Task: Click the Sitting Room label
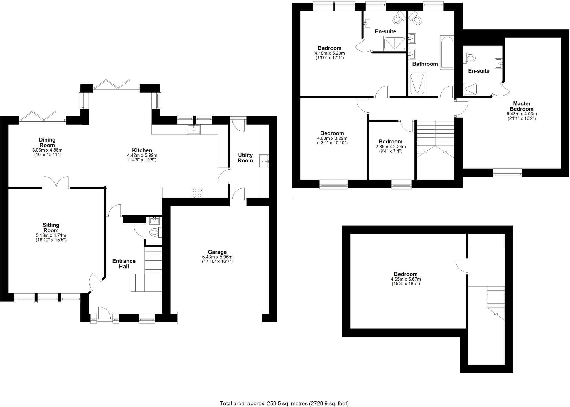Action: (51, 228)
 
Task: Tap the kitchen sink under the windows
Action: (194, 129)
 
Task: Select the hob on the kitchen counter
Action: (197, 193)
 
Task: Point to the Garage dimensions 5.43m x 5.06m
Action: (217, 257)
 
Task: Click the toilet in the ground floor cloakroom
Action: (154, 232)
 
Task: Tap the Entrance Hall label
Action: (124, 264)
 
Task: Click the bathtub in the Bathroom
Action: (447, 52)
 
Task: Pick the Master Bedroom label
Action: (521, 106)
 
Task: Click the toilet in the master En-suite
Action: (470, 58)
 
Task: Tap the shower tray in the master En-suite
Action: (470, 88)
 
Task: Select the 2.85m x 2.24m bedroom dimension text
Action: (390, 147)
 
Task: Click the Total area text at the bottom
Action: (284, 403)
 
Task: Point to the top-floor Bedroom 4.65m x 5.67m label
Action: (406, 274)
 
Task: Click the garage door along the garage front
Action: (219, 318)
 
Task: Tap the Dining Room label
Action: (47, 142)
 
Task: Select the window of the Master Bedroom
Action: (507, 173)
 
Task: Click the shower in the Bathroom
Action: (417, 83)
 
